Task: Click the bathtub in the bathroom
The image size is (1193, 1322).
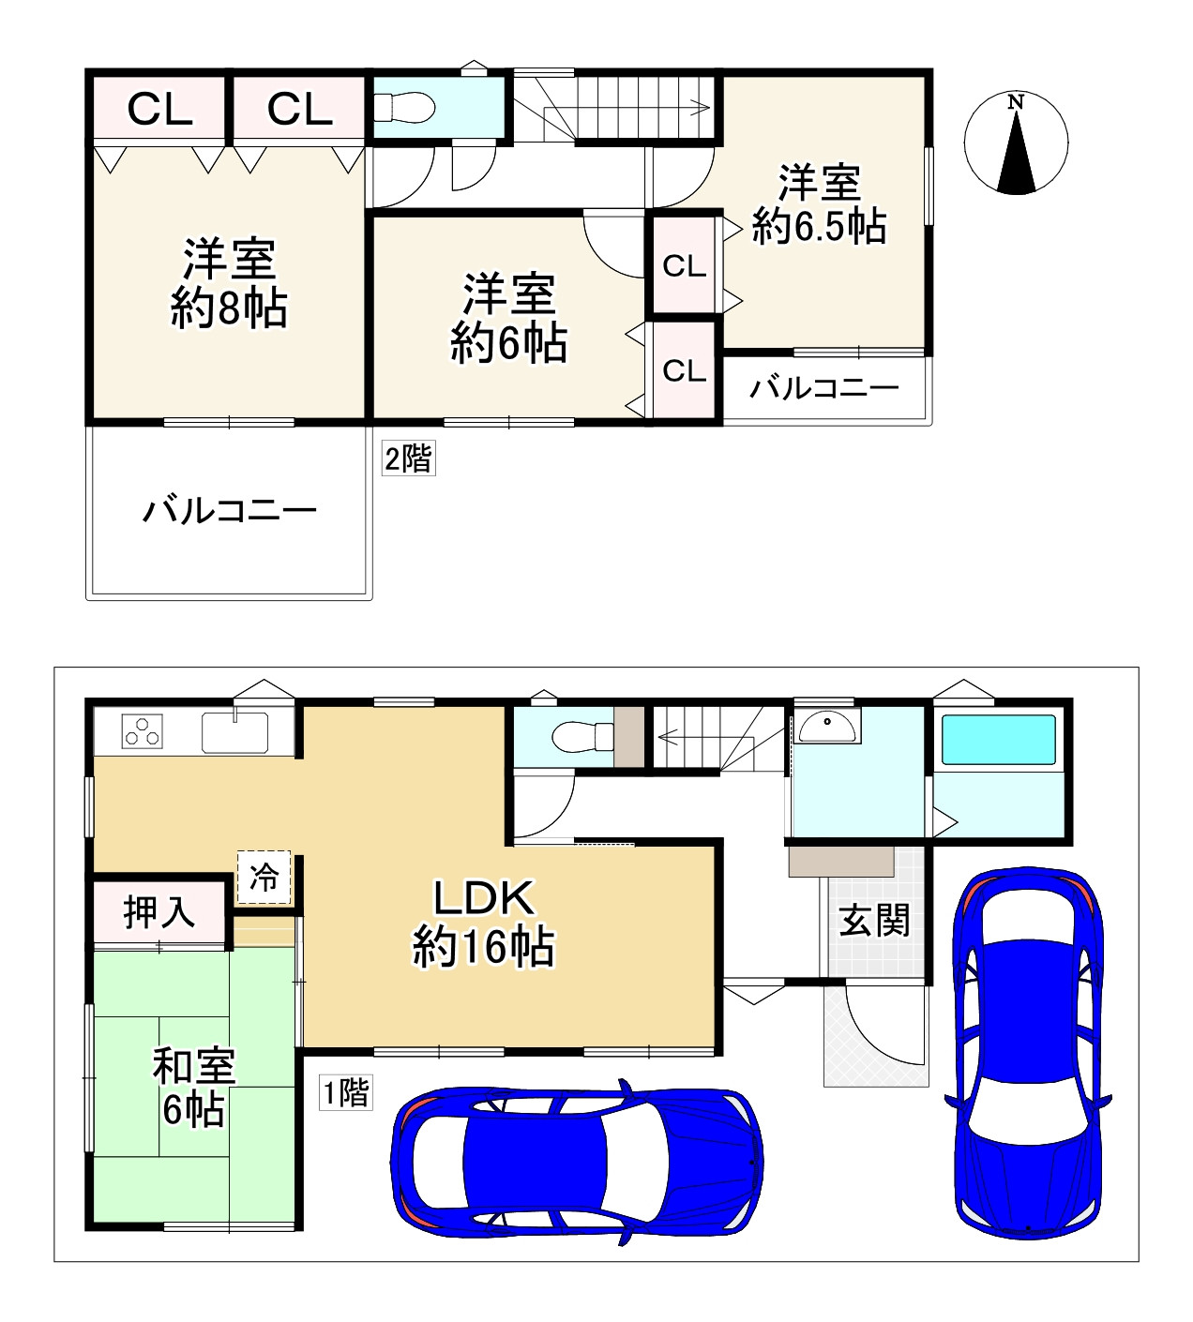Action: point(999,740)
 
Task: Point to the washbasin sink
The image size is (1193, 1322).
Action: point(826,727)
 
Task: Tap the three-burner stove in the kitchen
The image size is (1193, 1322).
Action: point(142,731)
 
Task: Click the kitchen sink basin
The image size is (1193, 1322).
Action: point(234,732)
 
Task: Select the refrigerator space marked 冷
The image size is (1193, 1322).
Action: point(264,878)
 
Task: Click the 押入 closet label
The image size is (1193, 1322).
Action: point(159,913)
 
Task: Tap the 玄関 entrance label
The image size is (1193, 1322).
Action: point(874,920)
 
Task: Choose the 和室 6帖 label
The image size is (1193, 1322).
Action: point(193,1088)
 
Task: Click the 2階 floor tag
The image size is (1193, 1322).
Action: point(408,458)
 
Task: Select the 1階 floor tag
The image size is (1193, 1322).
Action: point(345,1092)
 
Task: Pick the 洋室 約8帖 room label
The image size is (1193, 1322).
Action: point(229,284)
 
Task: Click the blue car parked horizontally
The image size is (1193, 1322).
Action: point(577,1162)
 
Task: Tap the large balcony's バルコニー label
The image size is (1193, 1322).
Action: point(230,511)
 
